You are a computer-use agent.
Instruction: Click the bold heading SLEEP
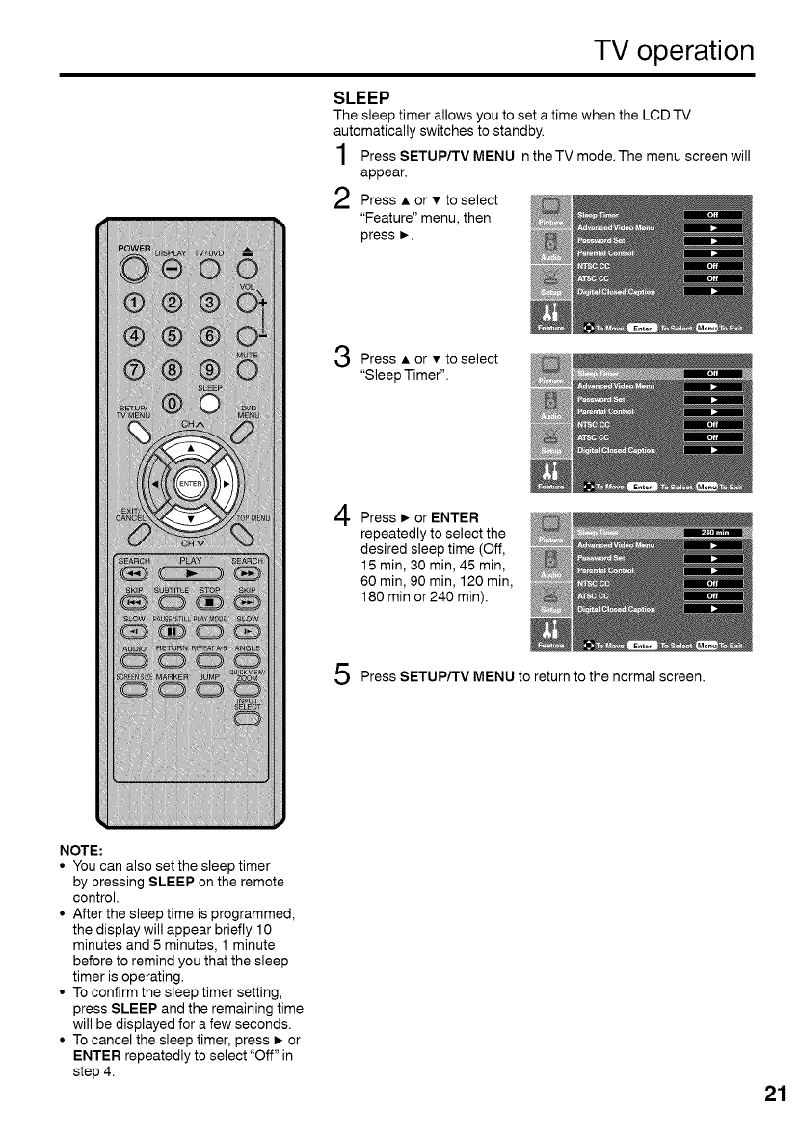360,98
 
